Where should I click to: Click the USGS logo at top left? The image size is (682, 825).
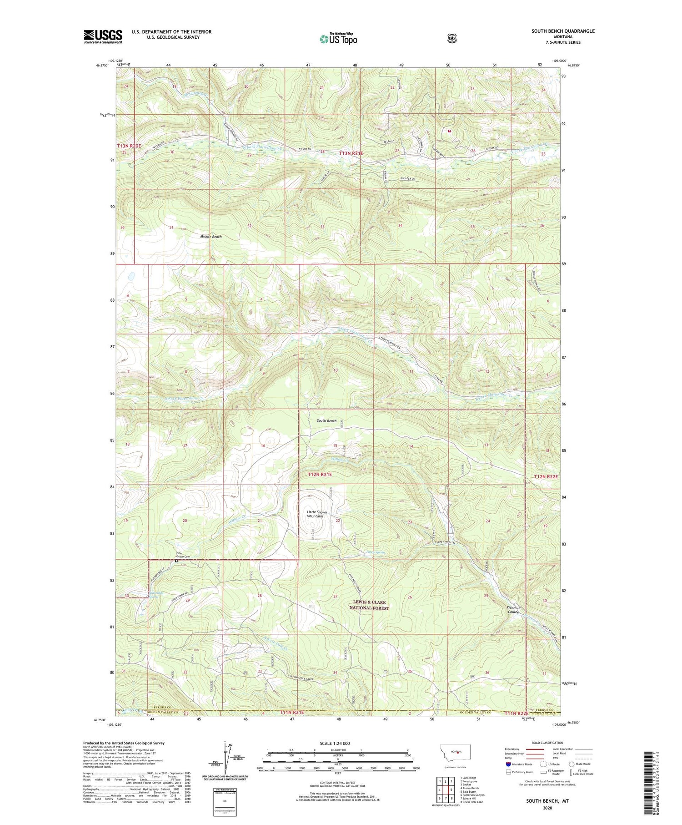103,36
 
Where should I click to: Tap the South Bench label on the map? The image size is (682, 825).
326,421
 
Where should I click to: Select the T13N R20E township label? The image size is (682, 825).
129,146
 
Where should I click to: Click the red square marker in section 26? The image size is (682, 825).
450,131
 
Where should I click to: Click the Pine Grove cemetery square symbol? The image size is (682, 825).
176,561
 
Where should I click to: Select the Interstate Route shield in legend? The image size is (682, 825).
508,764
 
